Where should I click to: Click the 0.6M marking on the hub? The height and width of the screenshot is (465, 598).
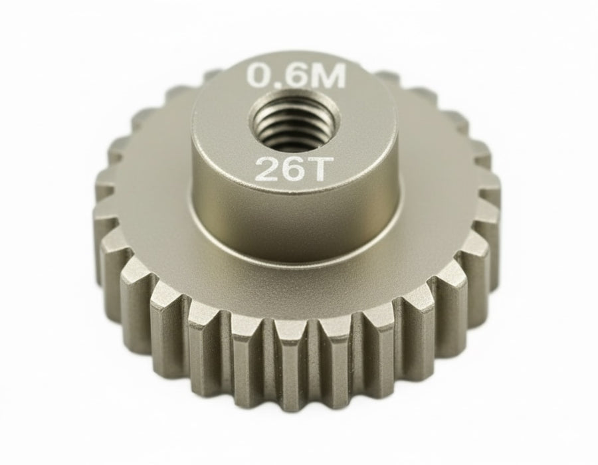[x=296, y=76]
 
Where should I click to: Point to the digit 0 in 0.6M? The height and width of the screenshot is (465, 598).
[x=260, y=76]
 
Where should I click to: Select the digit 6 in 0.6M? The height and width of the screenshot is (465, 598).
[x=296, y=76]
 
